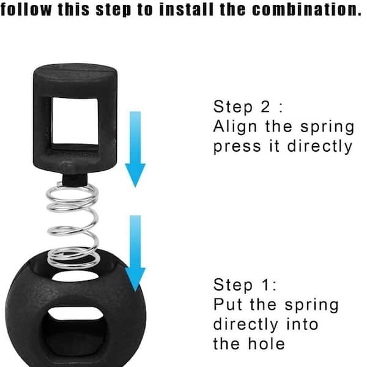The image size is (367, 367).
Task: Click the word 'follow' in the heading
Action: click(26, 10)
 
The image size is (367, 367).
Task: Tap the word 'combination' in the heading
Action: click(307, 10)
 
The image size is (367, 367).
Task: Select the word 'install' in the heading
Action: click(187, 10)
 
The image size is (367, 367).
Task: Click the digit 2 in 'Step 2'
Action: click(265, 106)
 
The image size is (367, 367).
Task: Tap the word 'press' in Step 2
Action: click(237, 147)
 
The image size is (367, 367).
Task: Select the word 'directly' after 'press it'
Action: click(320, 146)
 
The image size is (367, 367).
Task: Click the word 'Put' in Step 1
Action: click(228, 304)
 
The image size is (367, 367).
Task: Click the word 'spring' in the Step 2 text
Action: click(327, 128)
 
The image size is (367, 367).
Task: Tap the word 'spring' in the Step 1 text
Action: click(311, 306)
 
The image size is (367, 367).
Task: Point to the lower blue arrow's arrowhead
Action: click(135, 279)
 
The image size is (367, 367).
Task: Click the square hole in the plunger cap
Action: click(75, 121)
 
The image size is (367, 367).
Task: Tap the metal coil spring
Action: click(73, 224)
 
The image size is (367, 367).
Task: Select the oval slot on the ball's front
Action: click(75, 313)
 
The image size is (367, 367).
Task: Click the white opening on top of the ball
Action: click(75, 276)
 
